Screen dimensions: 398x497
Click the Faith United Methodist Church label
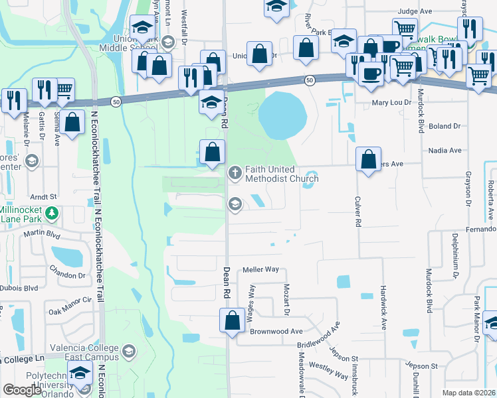pos(282,174)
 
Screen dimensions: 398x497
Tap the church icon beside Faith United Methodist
pos(234,174)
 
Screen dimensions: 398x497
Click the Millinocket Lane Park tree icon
pos(51,214)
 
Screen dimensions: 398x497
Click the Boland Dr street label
pos(445,126)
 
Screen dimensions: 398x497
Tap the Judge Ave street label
pos(415,12)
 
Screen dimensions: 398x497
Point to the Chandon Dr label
pos(68,270)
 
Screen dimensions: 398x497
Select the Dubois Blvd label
pos(22,289)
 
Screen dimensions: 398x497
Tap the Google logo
pos(23,390)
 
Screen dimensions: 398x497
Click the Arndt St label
pos(45,197)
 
